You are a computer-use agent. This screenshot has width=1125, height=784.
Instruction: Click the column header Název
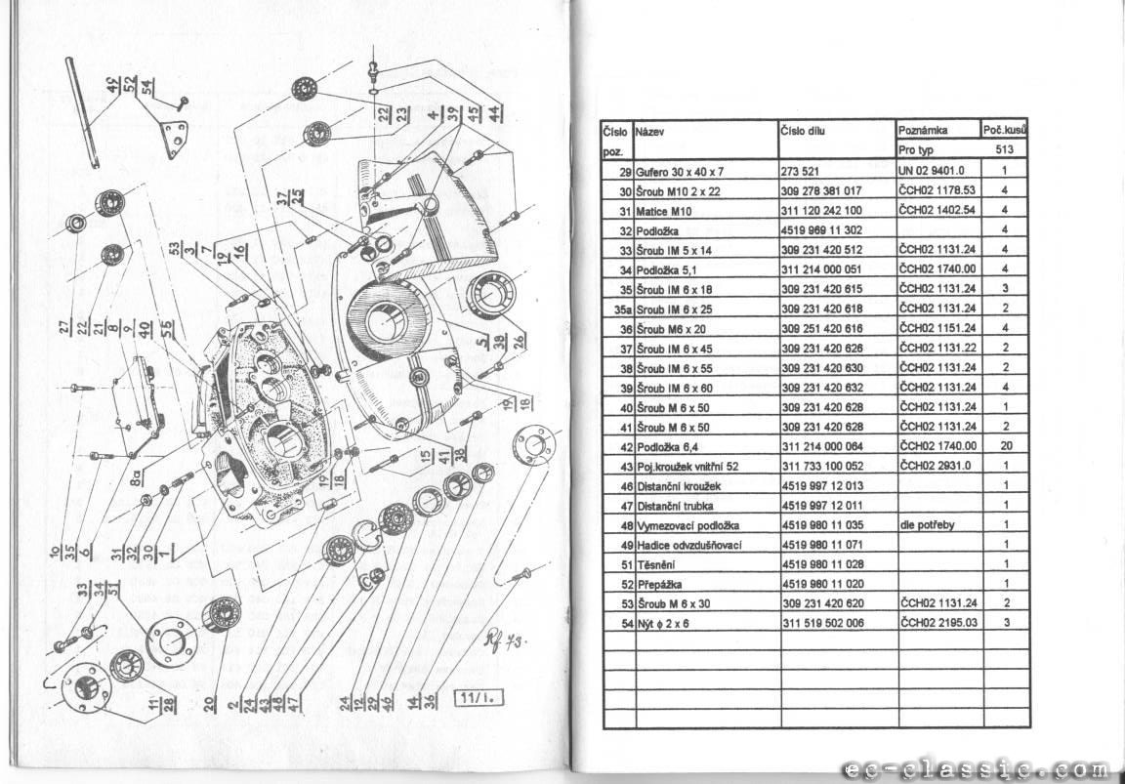[x=651, y=130]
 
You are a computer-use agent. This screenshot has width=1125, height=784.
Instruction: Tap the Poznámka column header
[x=923, y=130]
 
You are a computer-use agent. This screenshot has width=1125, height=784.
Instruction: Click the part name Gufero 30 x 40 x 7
[x=681, y=171]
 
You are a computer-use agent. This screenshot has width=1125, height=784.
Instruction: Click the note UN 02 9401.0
[x=932, y=171]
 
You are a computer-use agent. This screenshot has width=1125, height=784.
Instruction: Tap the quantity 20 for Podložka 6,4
[x=1004, y=446]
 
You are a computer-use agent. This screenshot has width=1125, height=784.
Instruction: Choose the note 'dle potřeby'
[x=928, y=525]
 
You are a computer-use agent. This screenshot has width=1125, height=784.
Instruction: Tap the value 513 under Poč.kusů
[x=1004, y=150]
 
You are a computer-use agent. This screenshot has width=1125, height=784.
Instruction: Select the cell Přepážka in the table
[x=659, y=584]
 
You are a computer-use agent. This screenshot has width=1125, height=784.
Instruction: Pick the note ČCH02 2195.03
[x=938, y=623]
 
